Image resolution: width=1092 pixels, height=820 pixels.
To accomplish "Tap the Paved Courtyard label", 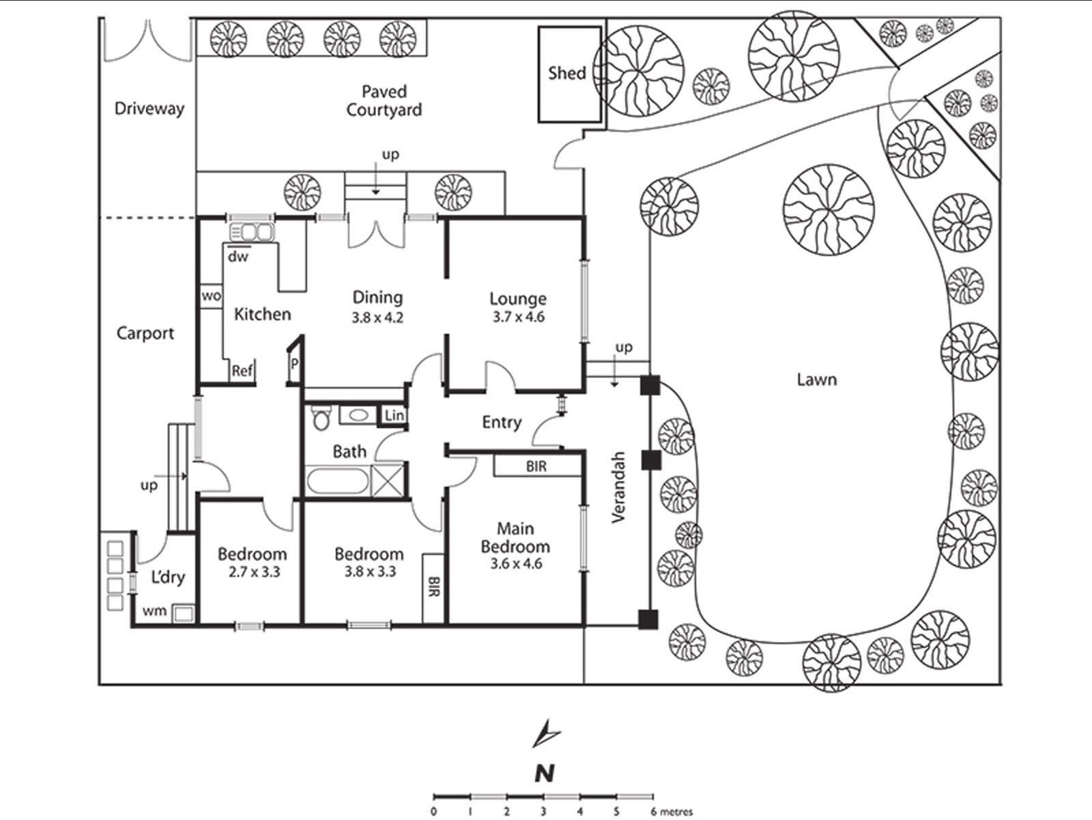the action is click(384, 100).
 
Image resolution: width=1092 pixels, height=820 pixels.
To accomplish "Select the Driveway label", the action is click(149, 109).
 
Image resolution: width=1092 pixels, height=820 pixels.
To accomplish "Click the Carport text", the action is click(145, 333).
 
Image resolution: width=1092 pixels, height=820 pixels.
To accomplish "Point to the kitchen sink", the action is click(252, 232).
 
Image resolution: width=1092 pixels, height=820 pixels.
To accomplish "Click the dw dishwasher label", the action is click(238, 256).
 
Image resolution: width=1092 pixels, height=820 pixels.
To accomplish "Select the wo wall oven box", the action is click(211, 296).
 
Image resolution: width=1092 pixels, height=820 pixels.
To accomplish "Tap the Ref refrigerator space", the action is click(242, 371).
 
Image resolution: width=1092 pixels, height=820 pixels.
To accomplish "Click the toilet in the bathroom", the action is click(321, 417).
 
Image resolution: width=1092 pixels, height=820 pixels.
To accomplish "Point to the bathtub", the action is click(339, 481).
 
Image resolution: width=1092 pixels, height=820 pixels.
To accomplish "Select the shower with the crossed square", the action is click(388, 480).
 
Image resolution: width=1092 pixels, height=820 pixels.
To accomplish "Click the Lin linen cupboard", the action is click(394, 416).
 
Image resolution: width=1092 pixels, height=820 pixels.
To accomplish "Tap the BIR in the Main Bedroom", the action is click(537, 466).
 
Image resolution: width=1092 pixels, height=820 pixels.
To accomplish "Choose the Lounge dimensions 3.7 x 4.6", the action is click(519, 317).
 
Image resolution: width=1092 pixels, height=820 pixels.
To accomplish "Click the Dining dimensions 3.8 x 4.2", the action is click(377, 317).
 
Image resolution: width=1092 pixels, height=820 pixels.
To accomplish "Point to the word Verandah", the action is click(618, 487).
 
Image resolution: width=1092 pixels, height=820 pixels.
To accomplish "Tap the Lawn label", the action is click(816, 380).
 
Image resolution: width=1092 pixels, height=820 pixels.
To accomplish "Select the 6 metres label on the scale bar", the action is click(672, 812).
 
